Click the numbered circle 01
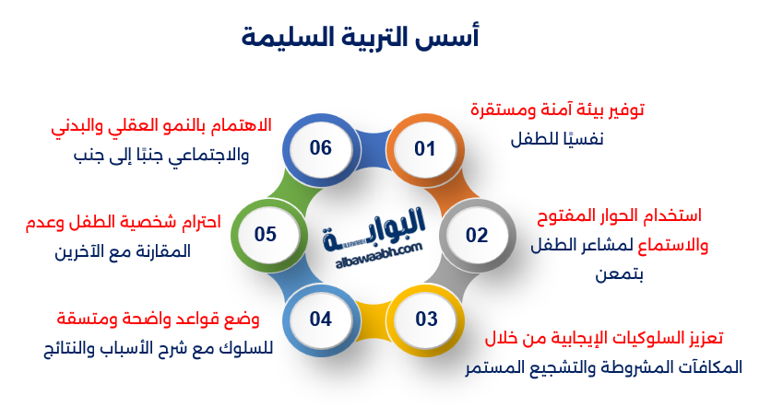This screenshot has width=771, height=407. (423, 148)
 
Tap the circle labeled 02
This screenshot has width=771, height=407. (476, 235)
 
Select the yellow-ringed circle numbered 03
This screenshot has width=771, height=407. (426, 320)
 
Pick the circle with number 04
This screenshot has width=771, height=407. (320, 320)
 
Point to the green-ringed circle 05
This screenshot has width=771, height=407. (266, 235)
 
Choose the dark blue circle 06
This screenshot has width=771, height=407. (320, 148)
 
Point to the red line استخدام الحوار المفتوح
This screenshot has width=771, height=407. (619, 216)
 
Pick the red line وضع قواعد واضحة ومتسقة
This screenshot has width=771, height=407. (158, 320)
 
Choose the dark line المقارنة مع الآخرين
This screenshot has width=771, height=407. (123, 250)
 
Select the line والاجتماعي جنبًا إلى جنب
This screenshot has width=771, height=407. (160, 155)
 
